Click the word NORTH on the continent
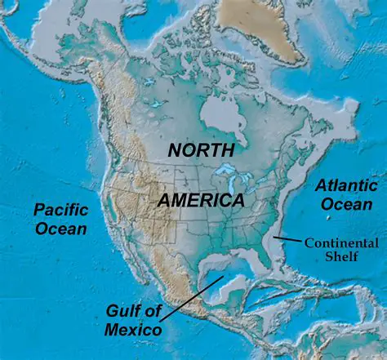pos(201,150)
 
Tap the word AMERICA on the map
pos(202,200)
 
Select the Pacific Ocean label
pos(60,218)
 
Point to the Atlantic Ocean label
pos(346,195)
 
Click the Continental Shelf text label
pos(341,250)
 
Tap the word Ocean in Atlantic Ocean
pos(346,204)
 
